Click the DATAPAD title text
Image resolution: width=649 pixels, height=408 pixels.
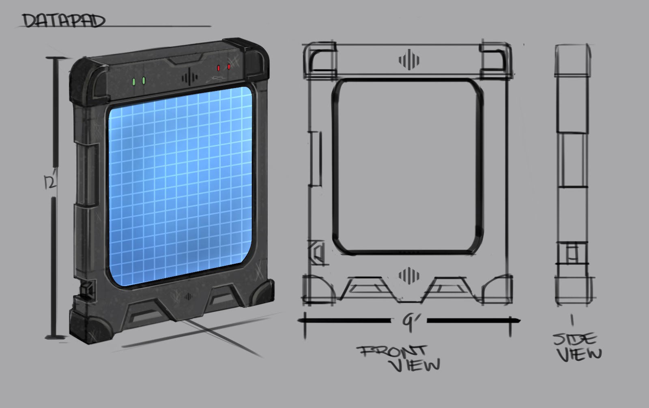point(64,21)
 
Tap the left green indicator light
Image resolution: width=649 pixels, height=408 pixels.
point(134,82)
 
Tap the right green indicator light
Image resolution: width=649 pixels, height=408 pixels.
point(144,81)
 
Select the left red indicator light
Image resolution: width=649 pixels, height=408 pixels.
point(219,68)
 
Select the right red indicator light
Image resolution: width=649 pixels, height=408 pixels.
point(229,67)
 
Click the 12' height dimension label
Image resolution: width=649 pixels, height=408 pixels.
point(50,182)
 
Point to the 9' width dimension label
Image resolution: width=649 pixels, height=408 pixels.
point(409,322)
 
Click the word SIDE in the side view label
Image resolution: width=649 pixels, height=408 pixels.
point(575,340)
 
